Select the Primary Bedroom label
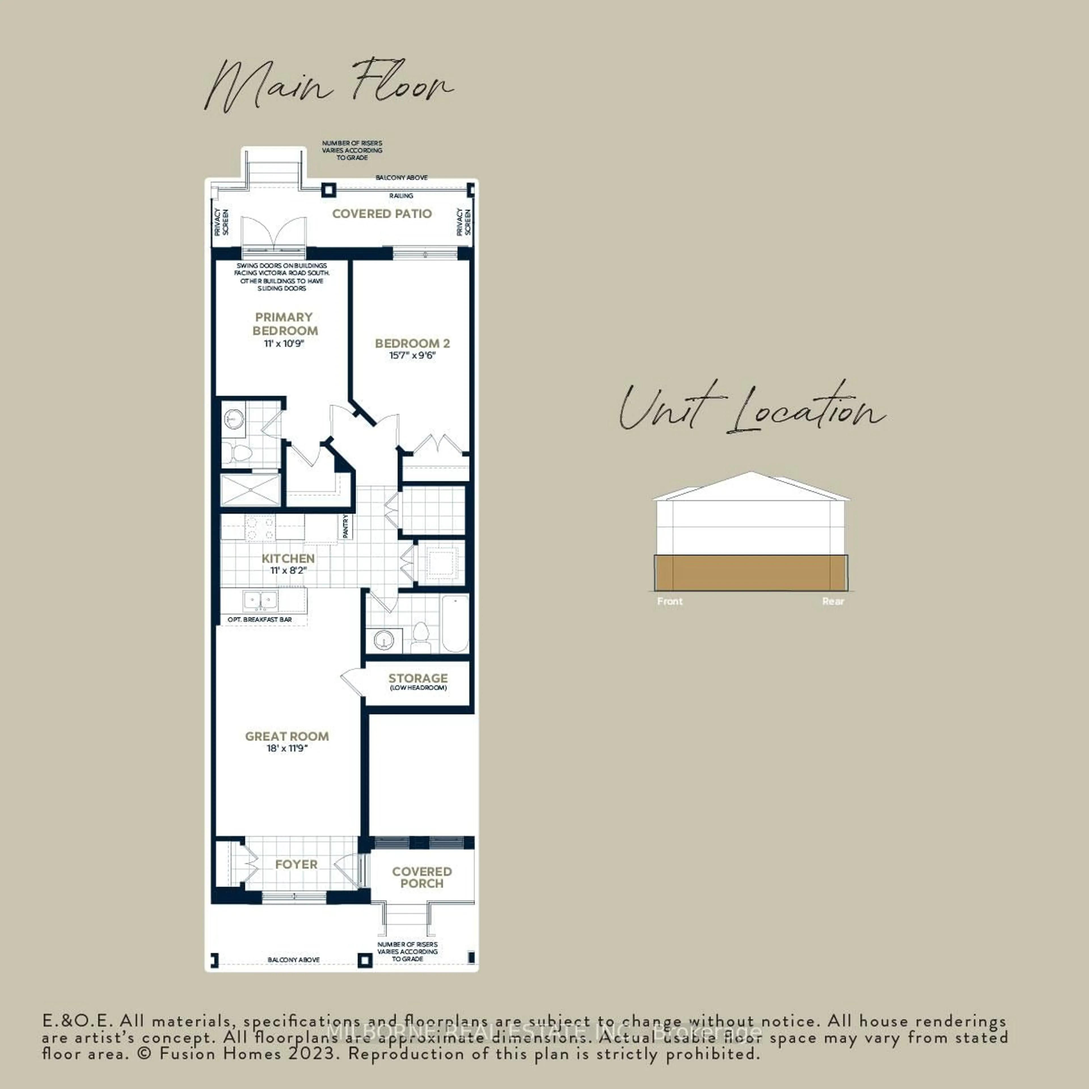tap(285, 324)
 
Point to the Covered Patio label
tap(382, 214)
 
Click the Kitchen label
tap(288, 558)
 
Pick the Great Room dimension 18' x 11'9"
tap(287, 749)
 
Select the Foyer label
tap(296, 864)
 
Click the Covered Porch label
tap(422, 877)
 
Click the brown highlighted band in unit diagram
tap(751, 573)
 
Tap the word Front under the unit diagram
tap(670, 602)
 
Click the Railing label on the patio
tap(401, 196)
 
